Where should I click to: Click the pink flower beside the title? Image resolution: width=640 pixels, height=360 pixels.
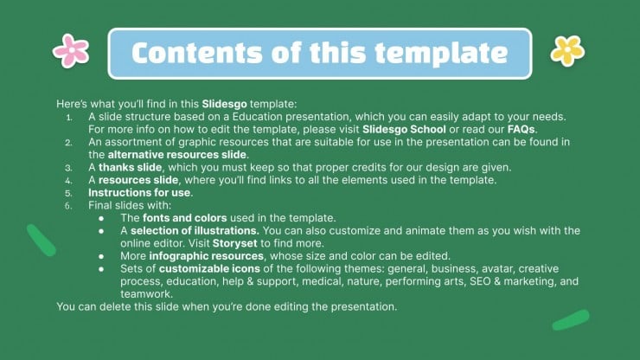[71, 51]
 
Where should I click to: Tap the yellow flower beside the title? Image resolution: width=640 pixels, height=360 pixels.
[567, 51]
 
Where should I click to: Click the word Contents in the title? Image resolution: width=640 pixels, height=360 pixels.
[197, 53]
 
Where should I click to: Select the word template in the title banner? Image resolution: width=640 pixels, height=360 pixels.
[441, 54]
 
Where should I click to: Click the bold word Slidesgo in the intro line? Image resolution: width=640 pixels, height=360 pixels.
[225, 104]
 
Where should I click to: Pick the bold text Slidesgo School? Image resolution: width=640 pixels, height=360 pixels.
[404, 129]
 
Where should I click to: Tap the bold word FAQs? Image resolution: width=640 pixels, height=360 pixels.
[521, 129]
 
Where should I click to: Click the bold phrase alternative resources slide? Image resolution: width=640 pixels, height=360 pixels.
[177, 154]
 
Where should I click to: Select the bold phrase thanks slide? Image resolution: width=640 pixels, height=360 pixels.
[131, 167]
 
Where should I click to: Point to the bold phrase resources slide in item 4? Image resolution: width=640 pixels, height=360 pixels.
[138, 180]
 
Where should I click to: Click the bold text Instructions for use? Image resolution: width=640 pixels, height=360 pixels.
[139, 192]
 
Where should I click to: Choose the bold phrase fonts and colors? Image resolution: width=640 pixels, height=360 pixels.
[185, 218]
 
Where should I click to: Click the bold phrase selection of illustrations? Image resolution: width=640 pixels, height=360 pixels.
[195, 230]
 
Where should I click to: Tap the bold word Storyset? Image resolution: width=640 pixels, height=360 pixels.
[234, 243]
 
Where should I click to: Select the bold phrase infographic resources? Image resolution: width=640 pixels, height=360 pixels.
[206, 256]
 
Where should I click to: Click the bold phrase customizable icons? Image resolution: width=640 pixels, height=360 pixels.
[209, 268]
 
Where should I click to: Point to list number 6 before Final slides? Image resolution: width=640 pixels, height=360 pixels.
[68, 206]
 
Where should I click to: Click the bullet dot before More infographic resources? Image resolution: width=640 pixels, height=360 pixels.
[101, 257]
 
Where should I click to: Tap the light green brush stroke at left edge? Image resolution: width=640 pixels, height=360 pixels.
[42, 241]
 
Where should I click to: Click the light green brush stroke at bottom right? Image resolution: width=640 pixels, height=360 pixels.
[571, 320]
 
